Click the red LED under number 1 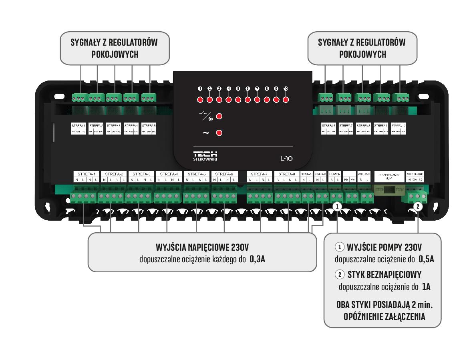(199, 100)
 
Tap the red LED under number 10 (286, 100)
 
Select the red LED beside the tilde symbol (219, 133)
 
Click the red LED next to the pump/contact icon (219, 117)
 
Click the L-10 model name (287, 158)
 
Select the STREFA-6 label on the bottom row (225, 174)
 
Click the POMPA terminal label (334, 174)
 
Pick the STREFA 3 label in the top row (114, 125)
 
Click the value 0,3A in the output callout (257, 259)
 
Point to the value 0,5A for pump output (426, 259)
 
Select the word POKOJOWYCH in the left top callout (115, 54)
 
